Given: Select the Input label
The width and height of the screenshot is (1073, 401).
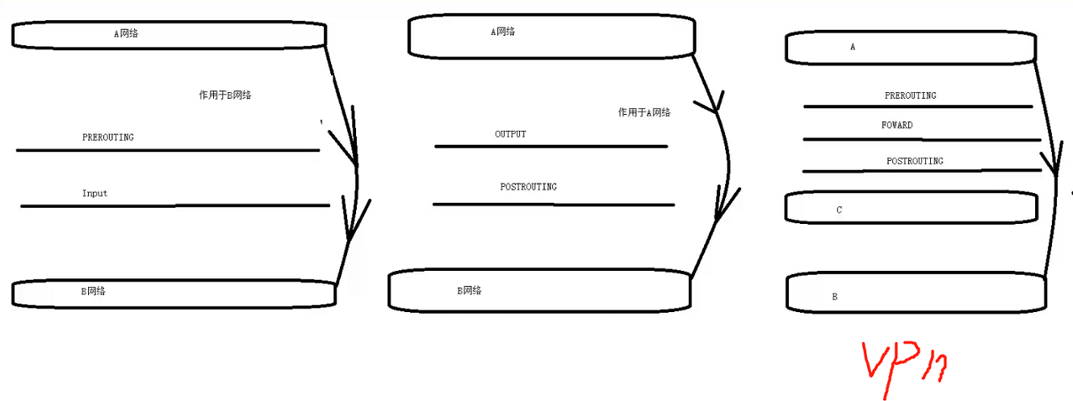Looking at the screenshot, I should [94, 194].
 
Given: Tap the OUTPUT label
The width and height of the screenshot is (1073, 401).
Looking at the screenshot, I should [510, 134].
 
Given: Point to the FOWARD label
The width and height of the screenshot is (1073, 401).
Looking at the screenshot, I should [897, 125].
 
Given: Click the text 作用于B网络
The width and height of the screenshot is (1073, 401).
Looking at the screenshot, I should [225, 95].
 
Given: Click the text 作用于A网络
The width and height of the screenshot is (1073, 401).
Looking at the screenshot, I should [644, 113].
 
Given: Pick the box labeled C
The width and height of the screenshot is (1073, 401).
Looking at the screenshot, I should [911, 208].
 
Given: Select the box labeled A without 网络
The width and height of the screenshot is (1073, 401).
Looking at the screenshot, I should [911, 48].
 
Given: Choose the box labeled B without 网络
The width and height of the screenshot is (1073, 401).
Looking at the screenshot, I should [915, 293].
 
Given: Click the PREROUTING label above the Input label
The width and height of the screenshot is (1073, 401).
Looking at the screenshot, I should [108, 137].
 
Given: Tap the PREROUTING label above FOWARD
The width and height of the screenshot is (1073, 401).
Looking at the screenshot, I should [911, 95].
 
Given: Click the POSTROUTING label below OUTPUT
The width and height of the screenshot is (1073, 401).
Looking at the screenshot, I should [528, 187].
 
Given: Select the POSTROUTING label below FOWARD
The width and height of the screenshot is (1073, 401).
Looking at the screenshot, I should [915, 161].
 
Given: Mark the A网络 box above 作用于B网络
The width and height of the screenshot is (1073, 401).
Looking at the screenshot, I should [168, 35].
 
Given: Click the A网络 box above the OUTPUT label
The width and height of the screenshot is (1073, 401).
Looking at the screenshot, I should [551, 36].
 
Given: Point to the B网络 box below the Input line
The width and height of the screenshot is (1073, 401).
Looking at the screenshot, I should [174, 293].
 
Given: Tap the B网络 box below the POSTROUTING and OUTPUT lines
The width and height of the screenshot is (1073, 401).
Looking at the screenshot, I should [539, 291].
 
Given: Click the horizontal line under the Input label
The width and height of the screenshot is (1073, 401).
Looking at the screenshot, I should [175, 206].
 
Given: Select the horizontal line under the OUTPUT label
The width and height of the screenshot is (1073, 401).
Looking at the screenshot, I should [551, 146].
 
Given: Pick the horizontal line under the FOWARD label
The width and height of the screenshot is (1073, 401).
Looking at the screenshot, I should [922, 139].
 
